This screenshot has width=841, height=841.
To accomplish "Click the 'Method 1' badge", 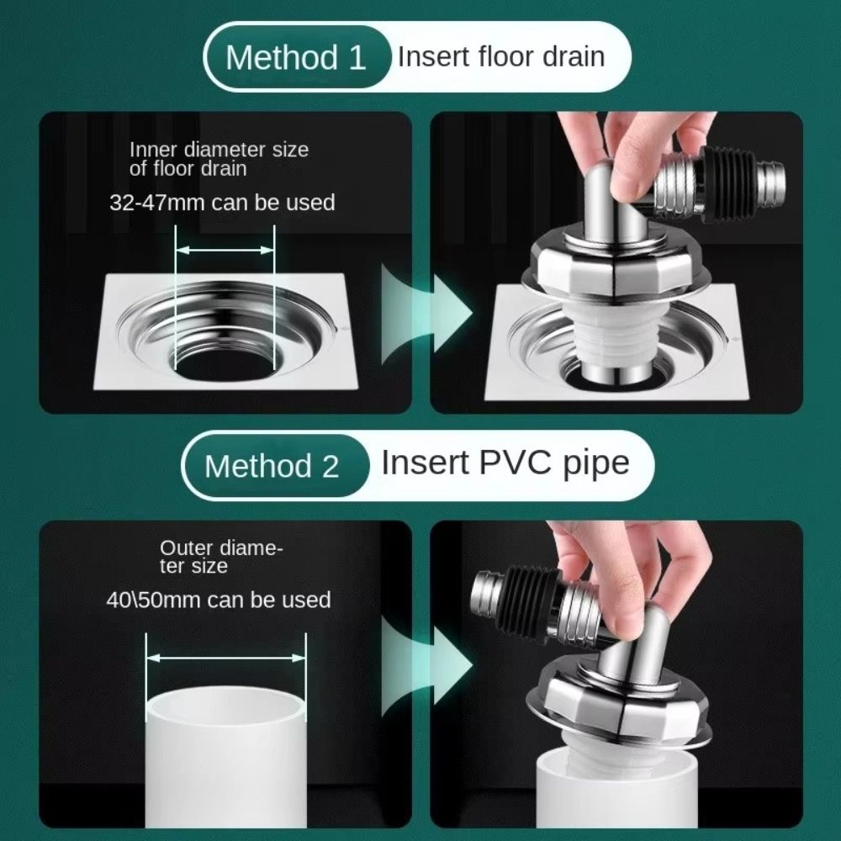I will [296, 58].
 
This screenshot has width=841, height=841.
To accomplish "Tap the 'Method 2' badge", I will [272, 465].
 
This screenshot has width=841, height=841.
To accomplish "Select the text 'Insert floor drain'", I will [501, 56].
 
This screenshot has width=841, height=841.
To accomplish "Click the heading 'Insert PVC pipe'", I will [505, 463].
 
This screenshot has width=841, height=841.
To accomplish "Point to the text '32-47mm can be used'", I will [222, 203].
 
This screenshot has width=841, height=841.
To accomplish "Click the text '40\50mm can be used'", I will [218, 600].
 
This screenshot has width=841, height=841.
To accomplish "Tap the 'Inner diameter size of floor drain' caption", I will [219, 159].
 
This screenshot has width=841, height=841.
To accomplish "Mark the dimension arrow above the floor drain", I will [225, 250].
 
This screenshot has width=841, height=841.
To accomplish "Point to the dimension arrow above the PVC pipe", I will [225, 659].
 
